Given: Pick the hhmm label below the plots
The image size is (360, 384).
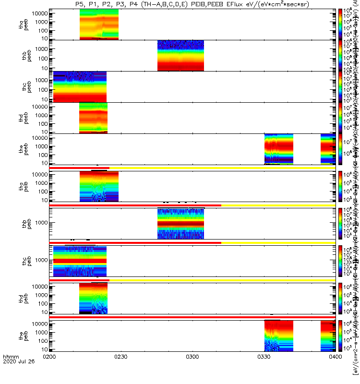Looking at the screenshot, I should [11, 370].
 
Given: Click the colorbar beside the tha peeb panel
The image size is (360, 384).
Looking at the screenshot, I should [340, 24].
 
